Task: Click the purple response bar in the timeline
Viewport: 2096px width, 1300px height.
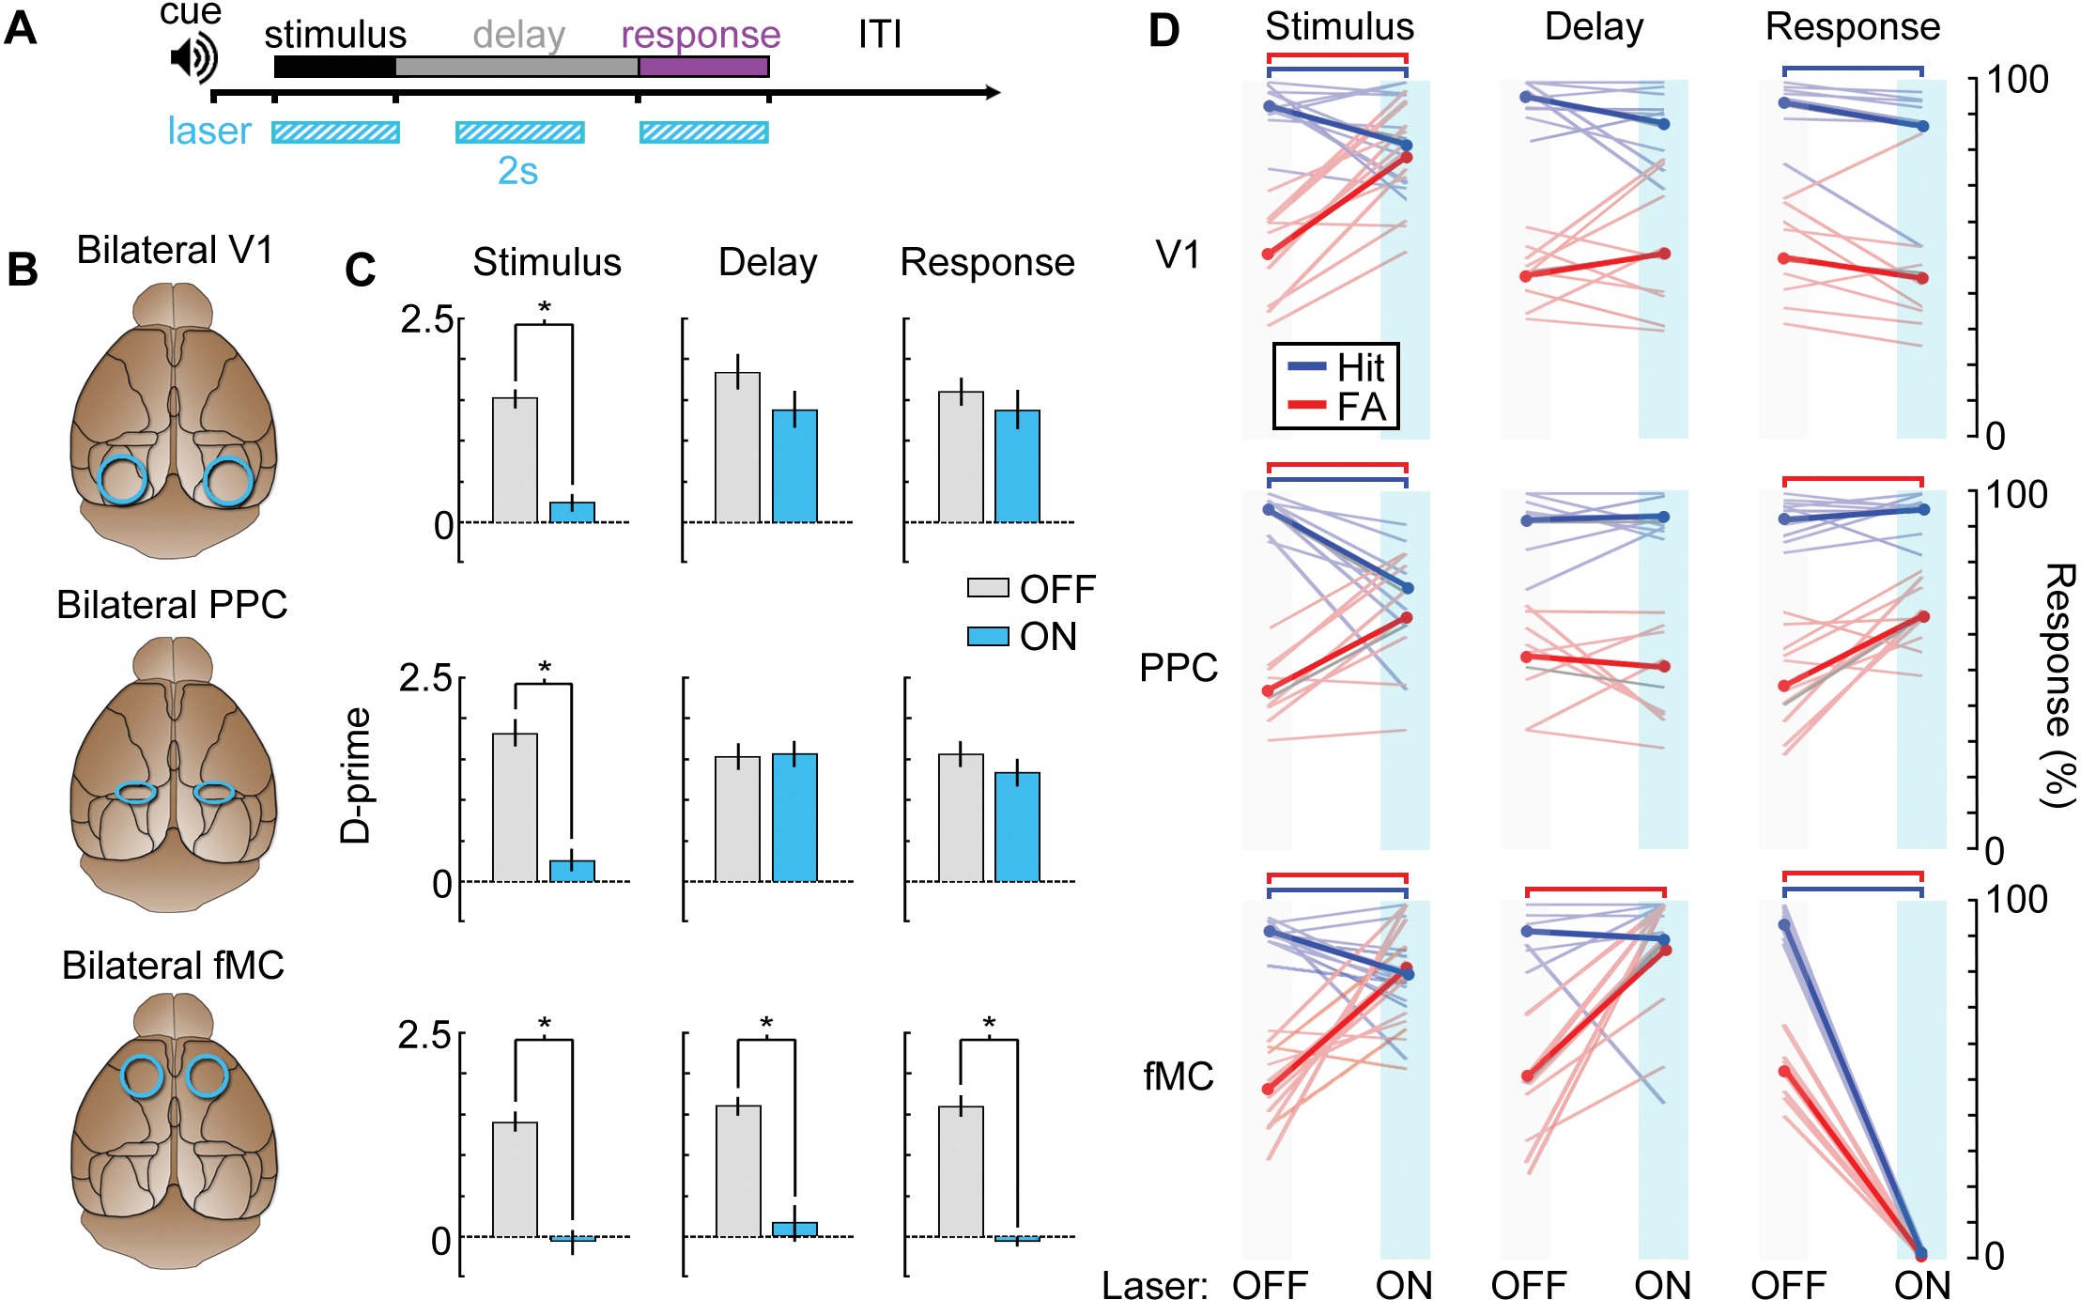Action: [703, 67]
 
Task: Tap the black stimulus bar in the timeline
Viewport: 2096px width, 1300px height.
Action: [334, 67]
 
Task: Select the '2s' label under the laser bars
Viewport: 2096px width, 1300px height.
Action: [517, 171]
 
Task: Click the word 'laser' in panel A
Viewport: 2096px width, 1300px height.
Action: [209, 132]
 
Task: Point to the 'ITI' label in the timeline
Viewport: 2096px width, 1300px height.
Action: [879, 36]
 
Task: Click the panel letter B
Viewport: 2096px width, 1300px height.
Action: [23, 271]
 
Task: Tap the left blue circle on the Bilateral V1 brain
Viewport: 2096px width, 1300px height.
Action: [123, 479]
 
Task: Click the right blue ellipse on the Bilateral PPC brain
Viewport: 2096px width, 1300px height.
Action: [214, 793]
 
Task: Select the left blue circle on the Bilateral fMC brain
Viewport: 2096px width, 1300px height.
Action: [143, 1076]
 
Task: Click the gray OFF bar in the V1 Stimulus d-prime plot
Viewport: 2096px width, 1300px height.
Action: [516, 459]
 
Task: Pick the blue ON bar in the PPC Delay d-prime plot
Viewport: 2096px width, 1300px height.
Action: [794, 817]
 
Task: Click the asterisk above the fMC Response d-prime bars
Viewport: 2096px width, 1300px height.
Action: [989, 1024]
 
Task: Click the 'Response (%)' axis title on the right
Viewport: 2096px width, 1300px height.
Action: [2058, 686]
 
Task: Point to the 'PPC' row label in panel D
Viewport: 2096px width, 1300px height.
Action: [1179, 668]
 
